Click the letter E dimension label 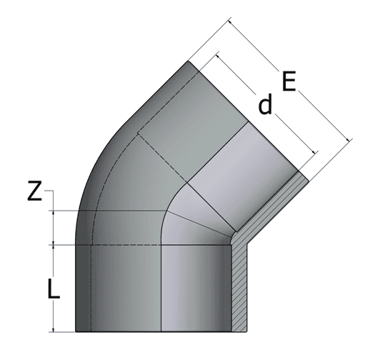(289, 81)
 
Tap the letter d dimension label (265, 106)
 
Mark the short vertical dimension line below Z (54, 227)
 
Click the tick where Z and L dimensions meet (54, 244)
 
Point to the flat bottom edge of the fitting (157, 332)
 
